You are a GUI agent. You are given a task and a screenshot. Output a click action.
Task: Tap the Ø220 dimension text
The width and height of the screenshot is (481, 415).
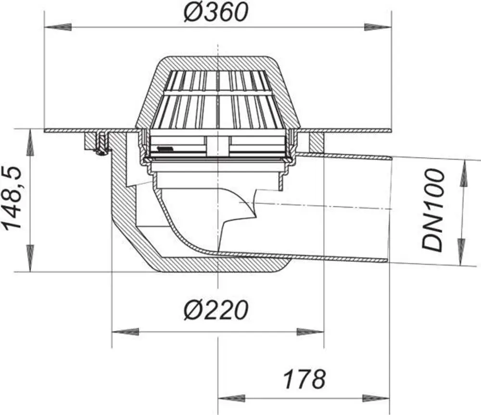click(x=215, y=310)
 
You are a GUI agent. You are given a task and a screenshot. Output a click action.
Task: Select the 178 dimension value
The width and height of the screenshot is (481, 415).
click(x=304, y=379)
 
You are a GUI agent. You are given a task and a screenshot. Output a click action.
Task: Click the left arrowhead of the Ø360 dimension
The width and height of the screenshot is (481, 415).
click(x=58, y=27)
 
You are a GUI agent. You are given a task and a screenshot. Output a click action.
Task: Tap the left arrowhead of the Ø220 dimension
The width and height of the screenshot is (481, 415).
click(x=126, y=332)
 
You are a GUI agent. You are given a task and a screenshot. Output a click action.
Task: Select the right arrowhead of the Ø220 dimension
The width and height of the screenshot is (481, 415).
click(x=310, y=332)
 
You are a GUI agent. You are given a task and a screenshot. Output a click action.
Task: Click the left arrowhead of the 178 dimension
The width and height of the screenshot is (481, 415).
click(x=231, y=399)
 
